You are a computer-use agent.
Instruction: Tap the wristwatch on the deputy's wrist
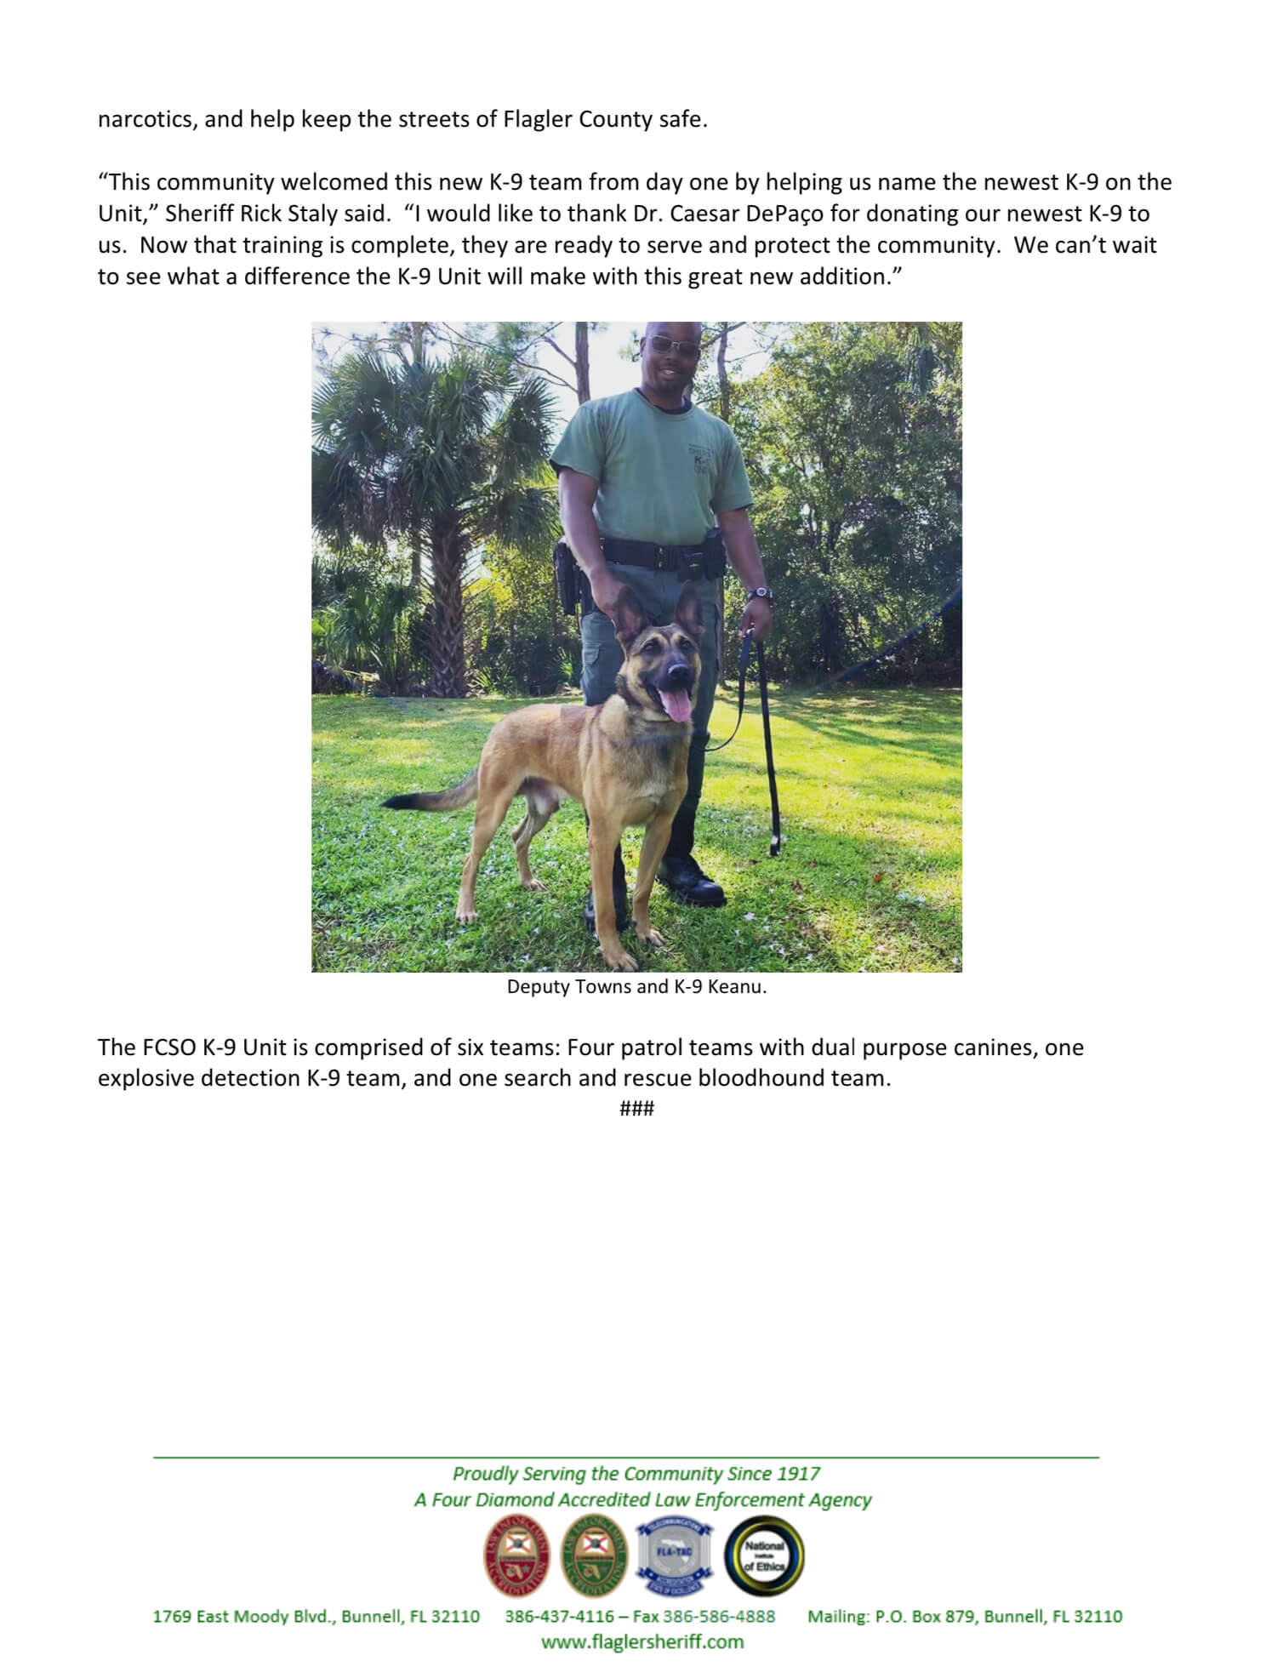coord(763,593)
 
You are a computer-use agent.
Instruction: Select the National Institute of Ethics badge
coord(763,1556)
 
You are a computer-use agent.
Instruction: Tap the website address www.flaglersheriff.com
coord(642,1641)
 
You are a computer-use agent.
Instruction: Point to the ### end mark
coord(637,1108)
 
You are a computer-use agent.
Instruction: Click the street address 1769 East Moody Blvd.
coord(246,1616)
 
